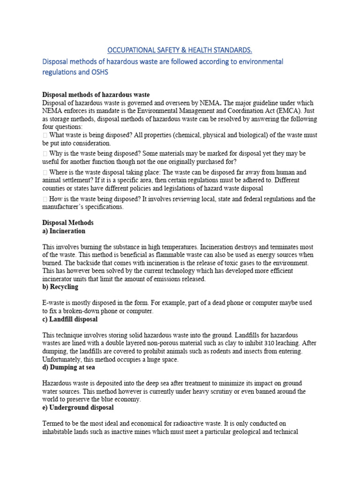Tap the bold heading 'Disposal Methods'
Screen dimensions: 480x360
coord(68,223)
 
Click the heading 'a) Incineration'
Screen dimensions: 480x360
coord(64,231)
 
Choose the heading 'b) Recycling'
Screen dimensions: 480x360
coord(60,286)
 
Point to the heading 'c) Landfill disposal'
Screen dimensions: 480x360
coord(70,319)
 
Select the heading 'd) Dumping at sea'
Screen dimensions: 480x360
coord(68,367)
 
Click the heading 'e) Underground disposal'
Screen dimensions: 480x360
coord(76,407)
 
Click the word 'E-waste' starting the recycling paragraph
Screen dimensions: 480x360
coord(54,303)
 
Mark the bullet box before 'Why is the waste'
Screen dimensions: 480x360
coord(45,154)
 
